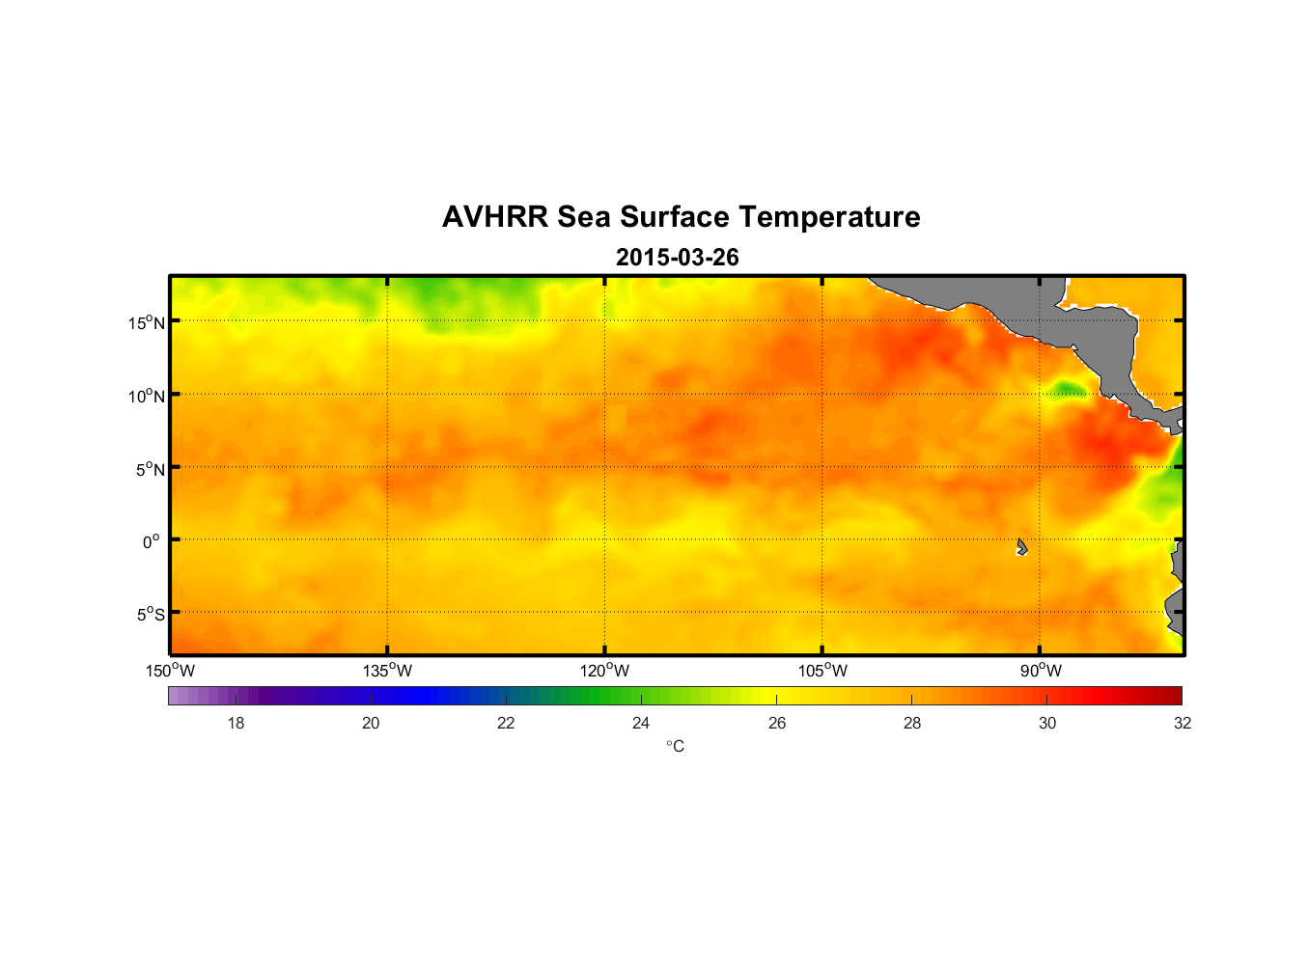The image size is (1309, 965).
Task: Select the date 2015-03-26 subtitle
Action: [x=677, y=258]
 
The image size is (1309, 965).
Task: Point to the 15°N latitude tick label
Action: [x=147, y=322]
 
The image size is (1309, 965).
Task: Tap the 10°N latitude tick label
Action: [x=147, y=396]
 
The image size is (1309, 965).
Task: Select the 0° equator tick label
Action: [x=152, y=541]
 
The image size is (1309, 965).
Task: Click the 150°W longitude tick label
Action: [x=170, y=671]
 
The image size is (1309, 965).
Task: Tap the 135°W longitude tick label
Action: [x=387, y=671]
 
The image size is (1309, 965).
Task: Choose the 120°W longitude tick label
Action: [x=604, y=671]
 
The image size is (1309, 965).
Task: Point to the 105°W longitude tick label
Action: [x=822, y=671]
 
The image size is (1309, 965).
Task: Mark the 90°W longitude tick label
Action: [x=1041, y=671]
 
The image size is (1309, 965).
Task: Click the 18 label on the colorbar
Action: [x=236, y=723]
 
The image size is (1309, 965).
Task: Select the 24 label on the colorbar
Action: [x=641, y=723]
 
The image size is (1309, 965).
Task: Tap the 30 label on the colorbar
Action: [x=1047, y=723]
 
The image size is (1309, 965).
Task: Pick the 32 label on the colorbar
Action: [x=1183, y=723]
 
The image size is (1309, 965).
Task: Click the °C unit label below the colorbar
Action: [x=675, y=746]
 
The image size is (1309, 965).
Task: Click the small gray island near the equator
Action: [x=1021, y=547]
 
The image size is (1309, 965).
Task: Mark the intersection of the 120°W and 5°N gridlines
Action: [x=605, y=467]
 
